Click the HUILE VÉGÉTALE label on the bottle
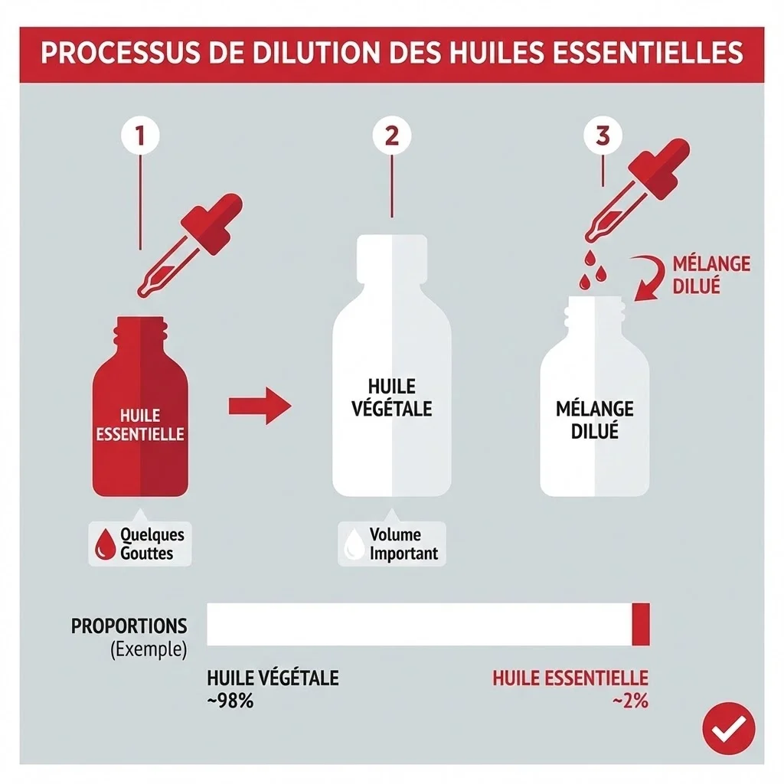(391, 397)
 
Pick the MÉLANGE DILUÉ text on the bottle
(595, 419)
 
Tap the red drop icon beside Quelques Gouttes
(104, 544)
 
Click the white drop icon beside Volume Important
(354, 544)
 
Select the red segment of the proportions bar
(641, 624)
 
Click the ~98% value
(230, 700)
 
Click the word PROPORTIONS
(129, 626)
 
